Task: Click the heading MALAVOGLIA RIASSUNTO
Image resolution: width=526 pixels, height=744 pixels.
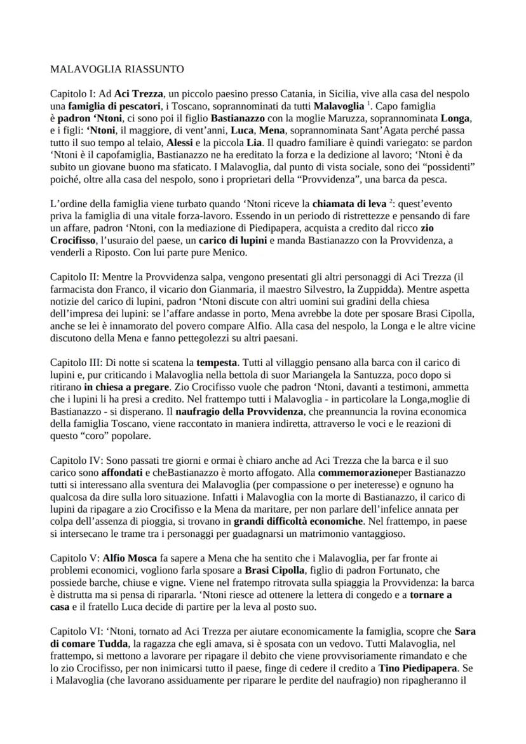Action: tap(117, 69)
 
